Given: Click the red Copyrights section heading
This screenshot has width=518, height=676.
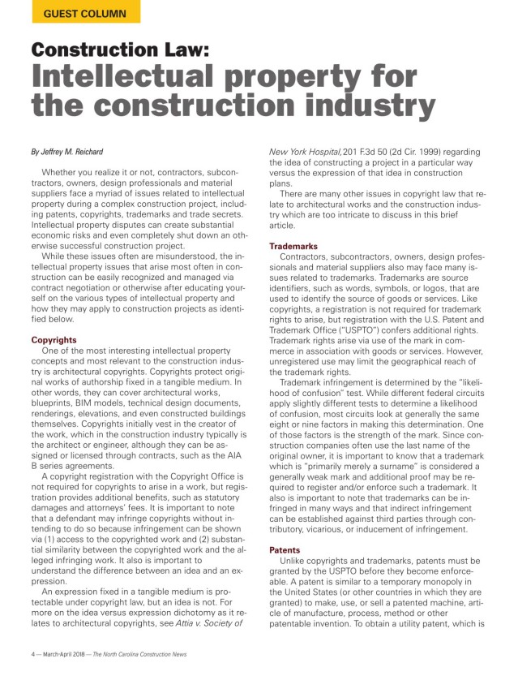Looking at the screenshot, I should tap(55, 340).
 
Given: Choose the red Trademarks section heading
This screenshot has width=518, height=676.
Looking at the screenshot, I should tap(293, 245).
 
